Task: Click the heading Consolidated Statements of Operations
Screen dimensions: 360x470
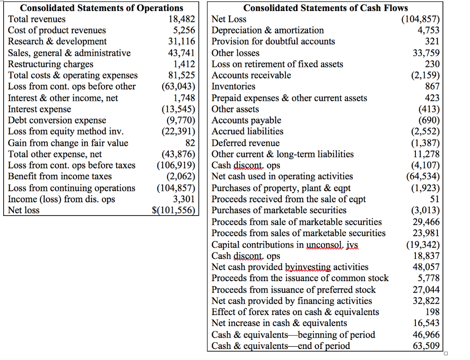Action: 101,8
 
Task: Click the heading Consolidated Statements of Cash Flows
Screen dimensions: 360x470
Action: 325,8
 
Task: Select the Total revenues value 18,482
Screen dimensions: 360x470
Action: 182,19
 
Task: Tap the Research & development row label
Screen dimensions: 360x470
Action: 57,41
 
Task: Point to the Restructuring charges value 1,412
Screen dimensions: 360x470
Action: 185,64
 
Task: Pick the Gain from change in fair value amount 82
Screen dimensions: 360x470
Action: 190,143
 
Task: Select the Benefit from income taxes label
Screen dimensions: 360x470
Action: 60,177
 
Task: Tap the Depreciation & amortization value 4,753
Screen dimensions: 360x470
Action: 428,30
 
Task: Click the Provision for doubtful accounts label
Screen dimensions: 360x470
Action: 273,41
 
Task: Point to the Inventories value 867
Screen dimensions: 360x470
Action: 432,86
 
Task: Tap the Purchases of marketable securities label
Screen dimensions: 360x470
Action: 279,210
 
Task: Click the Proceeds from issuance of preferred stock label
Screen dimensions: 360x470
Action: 293,290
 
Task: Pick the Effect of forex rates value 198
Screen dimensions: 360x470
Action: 432,312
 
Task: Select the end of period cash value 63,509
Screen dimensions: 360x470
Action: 426,346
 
